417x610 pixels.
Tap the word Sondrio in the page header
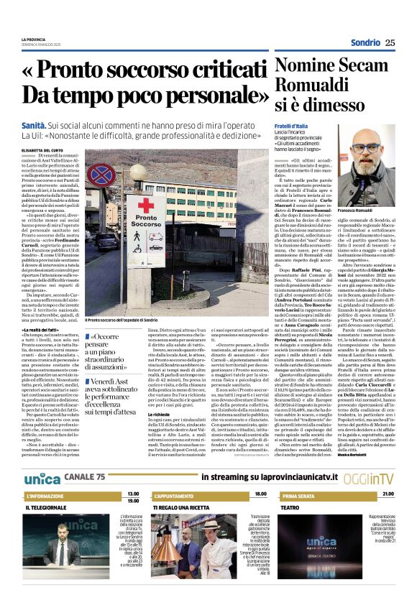click(365, 42)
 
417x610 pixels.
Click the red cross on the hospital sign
click(145, 204)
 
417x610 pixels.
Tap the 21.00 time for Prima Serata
click(388, 494)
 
